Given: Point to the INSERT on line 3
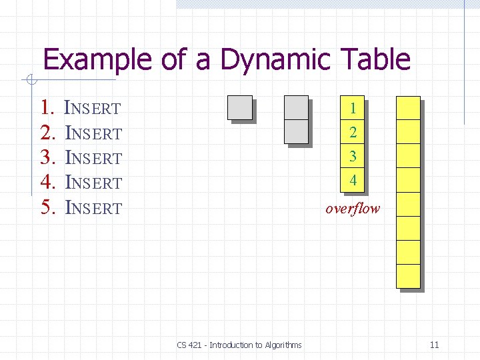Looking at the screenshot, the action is (x=93, y=158).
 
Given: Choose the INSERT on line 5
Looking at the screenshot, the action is (x=93, y=208).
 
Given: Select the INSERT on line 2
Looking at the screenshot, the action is (x=93, y=133).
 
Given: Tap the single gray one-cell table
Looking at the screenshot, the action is (x=239, y=107).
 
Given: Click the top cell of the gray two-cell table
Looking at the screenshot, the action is (x=296, y=107).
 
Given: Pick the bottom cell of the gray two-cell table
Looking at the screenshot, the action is (x=296, y=131).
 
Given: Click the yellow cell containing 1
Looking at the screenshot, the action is (x=353, y=107).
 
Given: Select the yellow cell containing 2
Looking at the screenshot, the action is (x=353, y=132).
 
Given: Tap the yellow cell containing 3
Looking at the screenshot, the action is (x=353, y=156).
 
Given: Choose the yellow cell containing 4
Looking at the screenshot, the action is (x=353, y=180).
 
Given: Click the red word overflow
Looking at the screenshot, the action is (x=353, y=208).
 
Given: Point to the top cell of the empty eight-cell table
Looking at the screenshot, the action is (x=408, y=108).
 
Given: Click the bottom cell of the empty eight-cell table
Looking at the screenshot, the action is (x=408, y=276).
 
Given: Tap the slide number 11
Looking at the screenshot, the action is (x=434, y=345).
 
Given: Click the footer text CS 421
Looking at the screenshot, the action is (x=191, y=345).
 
